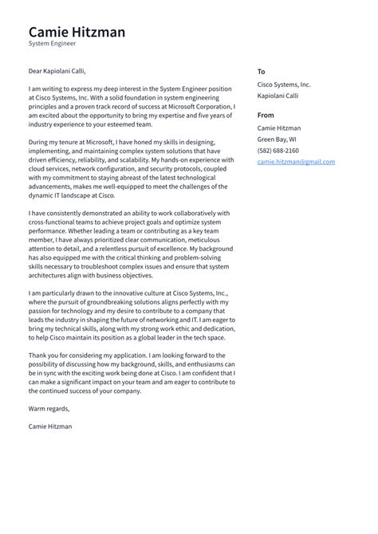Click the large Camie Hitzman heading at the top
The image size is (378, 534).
(77, 32)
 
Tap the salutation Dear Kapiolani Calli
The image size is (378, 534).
(57, 71)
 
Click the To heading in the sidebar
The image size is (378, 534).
(262, 71)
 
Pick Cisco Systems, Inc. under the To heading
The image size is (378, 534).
(284, 84)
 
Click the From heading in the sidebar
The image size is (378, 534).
(266, 114)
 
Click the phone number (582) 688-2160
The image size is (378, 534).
(278, 150)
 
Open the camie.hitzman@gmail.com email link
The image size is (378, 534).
(295, 161)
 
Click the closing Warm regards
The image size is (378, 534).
(49, 409)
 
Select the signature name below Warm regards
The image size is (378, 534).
(49, 426)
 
